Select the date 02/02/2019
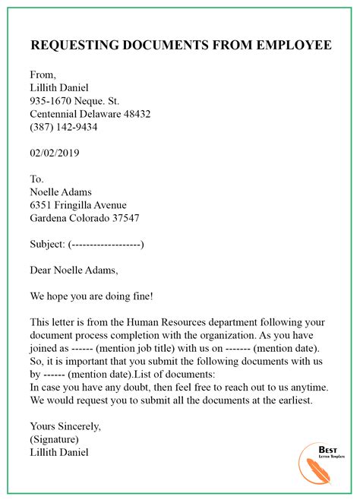click(x=55, y=153)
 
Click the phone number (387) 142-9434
click(x=64, y=127)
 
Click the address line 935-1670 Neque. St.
click(x=74, y=101)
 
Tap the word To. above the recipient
click(x=38, y=179)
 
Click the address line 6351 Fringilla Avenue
click(x=78, y=205)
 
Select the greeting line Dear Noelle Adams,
click(x=74, y=270)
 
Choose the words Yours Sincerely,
click(x=65, y=426)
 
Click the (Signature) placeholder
click(x=55, y=438)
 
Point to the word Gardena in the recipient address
click(x=50, y=218)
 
